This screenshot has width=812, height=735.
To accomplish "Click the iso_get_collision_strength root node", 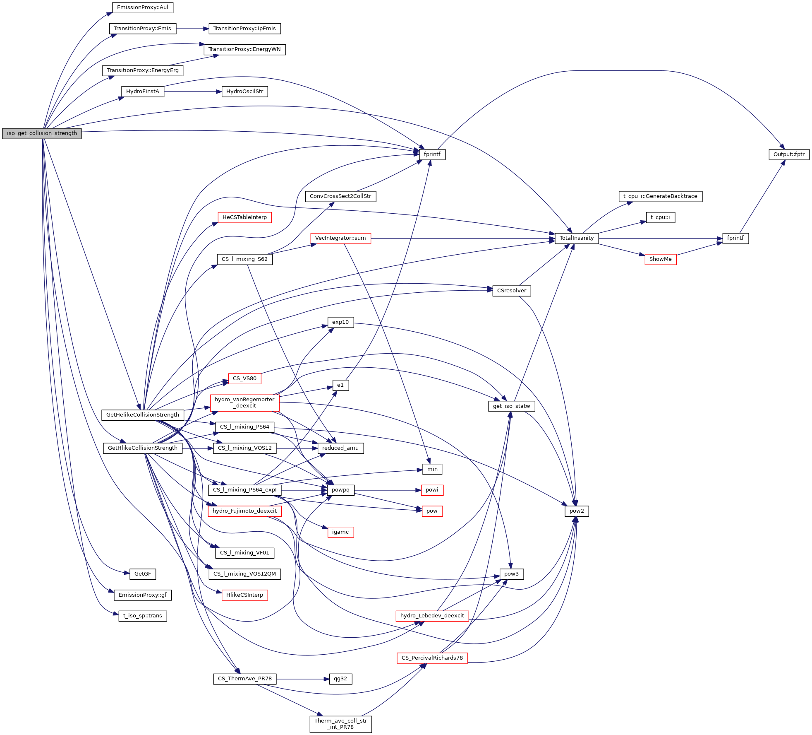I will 42,133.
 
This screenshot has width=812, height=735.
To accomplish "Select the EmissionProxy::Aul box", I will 142,7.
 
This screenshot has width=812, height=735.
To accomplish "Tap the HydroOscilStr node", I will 244,92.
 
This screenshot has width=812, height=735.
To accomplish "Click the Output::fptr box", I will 789,154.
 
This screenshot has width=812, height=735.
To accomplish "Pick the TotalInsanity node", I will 576,238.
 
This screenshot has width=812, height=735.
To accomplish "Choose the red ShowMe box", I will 660,259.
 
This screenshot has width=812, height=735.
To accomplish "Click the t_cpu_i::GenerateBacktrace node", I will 660,196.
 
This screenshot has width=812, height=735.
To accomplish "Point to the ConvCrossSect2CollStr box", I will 340,196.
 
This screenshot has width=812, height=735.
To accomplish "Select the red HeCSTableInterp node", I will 244,217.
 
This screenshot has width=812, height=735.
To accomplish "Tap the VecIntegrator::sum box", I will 340,238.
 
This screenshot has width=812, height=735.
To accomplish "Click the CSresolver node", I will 511,291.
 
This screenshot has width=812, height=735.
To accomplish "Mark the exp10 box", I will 340,322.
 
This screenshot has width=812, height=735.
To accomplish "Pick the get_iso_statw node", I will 511,406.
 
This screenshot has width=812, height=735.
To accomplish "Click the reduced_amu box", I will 340,448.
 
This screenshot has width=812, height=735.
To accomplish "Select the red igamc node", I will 340,532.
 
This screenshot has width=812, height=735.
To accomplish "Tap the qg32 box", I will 340,679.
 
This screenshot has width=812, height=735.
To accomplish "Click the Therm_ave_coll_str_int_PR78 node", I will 340,724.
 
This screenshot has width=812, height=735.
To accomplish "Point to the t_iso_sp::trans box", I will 142,616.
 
